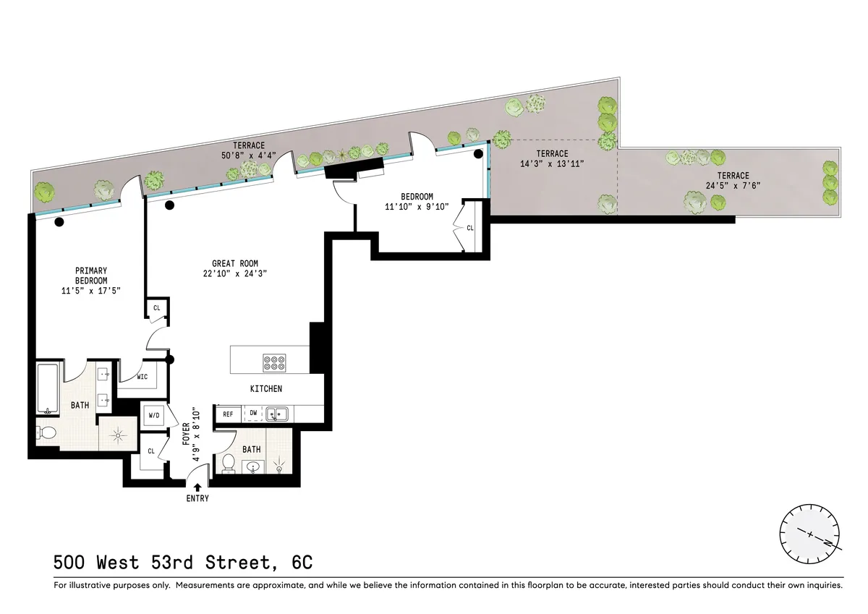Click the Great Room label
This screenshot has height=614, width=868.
click(x=235, y=264)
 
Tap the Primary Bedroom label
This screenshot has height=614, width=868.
click(x=91, y=276)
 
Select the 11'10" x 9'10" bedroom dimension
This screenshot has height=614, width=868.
click(x=417, y=206)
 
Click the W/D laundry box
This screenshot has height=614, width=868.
click(x=154, y=416)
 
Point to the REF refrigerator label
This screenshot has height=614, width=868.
click(x=228, y=414)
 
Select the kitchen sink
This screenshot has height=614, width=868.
click(x=277, y=414)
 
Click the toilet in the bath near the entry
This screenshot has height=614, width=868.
click(x=229, y=463)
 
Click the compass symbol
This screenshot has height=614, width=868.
click(x=809, y=536)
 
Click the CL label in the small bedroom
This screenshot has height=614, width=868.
click(x=470, y=228)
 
